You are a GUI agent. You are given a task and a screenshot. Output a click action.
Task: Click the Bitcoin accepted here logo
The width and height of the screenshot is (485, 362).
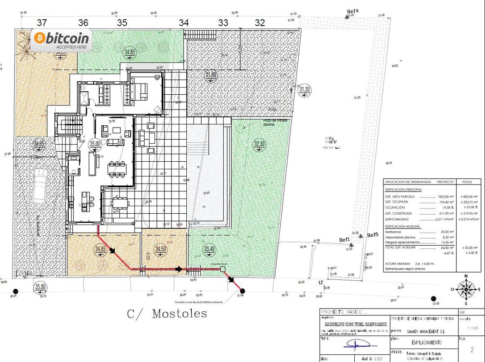[x=62, y=40]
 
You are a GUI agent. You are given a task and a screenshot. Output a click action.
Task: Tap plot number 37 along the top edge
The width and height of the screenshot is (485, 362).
[x=42, y=22]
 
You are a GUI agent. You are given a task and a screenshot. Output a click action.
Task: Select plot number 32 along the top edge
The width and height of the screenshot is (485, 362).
[x=260, y=22]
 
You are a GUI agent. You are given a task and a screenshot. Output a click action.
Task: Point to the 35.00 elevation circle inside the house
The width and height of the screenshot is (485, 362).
[x=95, y=144]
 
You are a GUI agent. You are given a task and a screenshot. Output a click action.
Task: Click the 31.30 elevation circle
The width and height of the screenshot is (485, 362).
[x=305, y=89]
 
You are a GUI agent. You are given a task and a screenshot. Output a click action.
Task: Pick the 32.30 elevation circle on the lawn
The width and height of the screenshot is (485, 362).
[x=260, y=144]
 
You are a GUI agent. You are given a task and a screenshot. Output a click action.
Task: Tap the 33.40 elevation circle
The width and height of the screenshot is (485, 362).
[x=209, y=249]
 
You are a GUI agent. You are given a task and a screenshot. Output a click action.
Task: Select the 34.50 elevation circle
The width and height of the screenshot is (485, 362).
[x=160, y=249]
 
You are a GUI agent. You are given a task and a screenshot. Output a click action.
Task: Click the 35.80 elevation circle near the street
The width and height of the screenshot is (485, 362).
[x=40, y=287]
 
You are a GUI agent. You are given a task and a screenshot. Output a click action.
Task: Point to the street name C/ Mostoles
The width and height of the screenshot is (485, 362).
[x=167, y=313]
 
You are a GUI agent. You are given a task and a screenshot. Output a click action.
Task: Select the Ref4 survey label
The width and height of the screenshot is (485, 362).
[x=353, y=11]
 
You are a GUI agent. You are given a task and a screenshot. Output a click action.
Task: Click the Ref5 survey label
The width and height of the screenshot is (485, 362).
[x=373, y=235]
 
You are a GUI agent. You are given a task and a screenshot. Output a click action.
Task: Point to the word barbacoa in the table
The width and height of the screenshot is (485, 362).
[x=394, y=232]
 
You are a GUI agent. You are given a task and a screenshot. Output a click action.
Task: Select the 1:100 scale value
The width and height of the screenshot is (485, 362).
[x=471, y=329]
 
